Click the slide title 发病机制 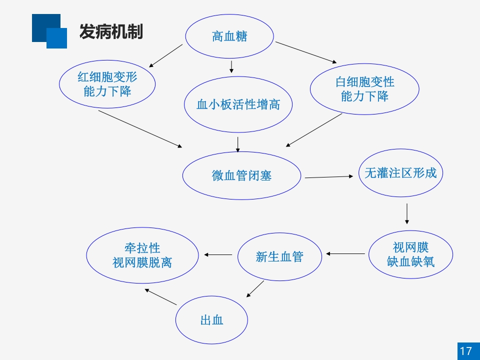pos(111,31)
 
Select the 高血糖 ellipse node pos(229,36)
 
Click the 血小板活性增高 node pos(238,104)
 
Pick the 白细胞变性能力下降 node pos(364,89)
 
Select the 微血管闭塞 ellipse pos(241,175)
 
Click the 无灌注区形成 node pos(400,173)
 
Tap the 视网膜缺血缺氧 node pos(410,254)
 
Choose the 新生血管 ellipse pos(279,257)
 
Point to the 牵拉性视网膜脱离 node pos(142,255)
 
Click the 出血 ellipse pos(211,320)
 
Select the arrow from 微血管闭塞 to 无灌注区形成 pos(329,177)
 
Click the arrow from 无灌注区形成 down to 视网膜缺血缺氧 pos(407,213)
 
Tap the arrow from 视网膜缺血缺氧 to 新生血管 pos(345,254)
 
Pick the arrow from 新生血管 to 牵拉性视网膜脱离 pos(218,255)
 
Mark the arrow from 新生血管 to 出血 pos(255,289)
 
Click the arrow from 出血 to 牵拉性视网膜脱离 pos(160,296)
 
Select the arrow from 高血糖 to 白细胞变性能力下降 pos(306,52)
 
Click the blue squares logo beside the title pos(49,31)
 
